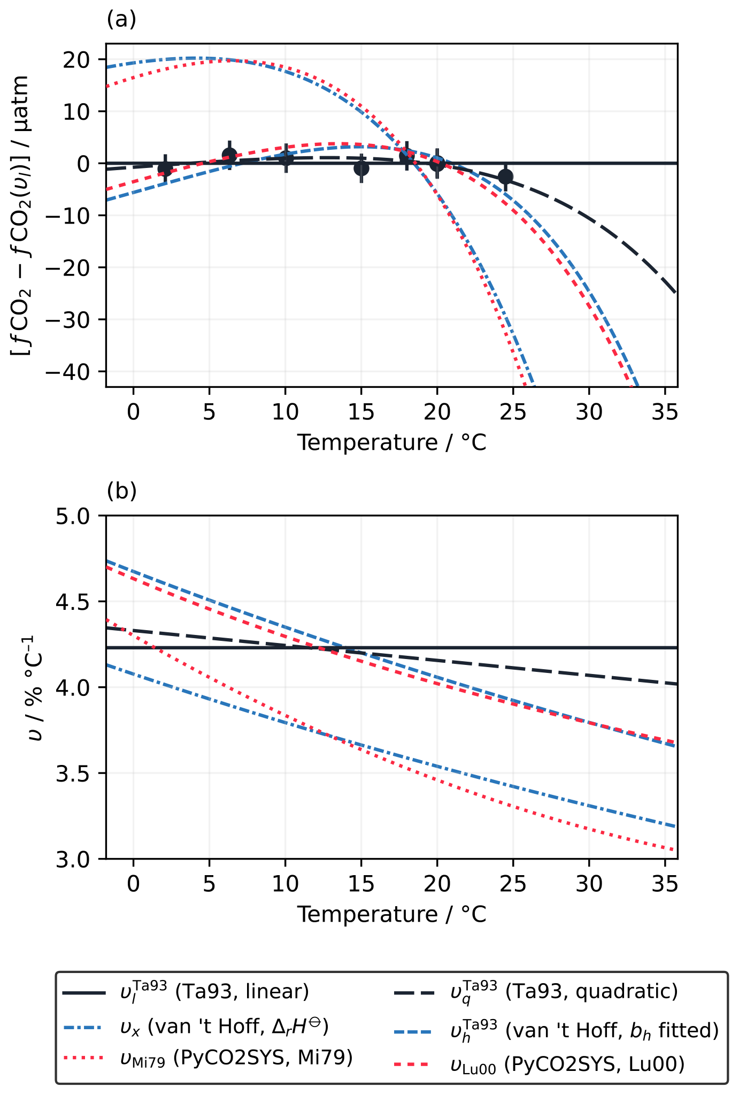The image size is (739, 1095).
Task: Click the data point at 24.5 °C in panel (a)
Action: (505, 177)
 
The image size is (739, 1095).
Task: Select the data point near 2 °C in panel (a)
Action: (165, 169)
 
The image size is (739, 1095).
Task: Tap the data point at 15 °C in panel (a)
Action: (361, 168)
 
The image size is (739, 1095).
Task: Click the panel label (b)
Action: (121, 491)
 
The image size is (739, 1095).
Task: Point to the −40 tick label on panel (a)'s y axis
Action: (73, 372)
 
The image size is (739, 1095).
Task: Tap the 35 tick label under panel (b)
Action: (665, 884)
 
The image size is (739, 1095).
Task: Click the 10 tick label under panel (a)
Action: (285, 412)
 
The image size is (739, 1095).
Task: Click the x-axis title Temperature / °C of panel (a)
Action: (392, 443)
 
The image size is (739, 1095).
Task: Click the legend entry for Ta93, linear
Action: (214, 992)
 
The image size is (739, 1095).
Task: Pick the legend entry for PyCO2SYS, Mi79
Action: (235, 1057)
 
